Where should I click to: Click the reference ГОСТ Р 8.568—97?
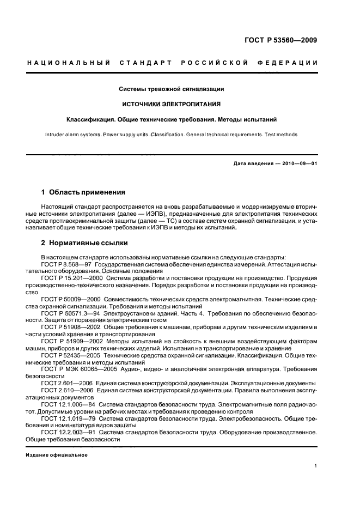click(65, 264)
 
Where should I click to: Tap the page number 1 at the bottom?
click(316, 466)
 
